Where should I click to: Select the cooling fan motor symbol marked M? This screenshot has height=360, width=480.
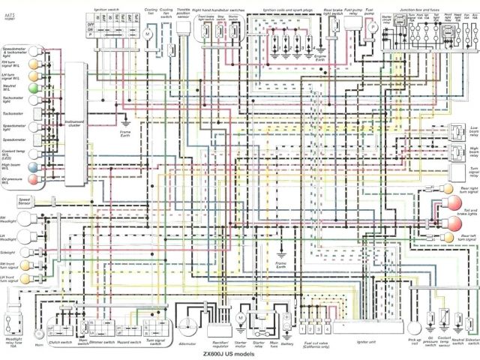[x=148, y=34]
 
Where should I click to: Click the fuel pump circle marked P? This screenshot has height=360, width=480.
[x=370, y=26]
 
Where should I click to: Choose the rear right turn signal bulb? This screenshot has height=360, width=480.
[x=448, y=187]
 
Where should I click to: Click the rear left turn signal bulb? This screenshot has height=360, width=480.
[x=448, y=237]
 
